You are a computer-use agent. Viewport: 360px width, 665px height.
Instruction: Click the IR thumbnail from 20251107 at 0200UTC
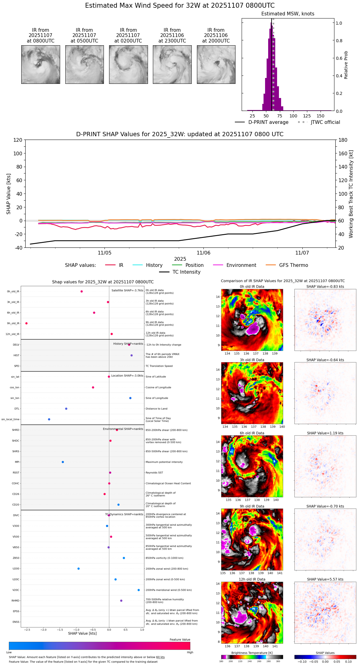click(128, 64)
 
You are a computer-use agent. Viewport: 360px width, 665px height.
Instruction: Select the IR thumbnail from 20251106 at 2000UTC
click(216, 64)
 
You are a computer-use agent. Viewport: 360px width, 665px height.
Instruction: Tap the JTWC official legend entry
click(325, 122)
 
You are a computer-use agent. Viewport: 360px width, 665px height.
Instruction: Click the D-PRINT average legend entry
click(268, 122)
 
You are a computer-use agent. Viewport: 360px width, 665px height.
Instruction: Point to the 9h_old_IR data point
click(27, 323)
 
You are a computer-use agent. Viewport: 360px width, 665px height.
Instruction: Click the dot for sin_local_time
click(49, 419)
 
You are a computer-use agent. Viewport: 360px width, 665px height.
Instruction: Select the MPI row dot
click(63, 462)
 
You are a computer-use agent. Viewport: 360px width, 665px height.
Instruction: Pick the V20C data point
click(139, 590)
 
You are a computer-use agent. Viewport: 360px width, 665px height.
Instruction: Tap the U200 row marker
click(79, 569)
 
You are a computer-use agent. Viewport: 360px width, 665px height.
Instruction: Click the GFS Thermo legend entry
click(293, 265)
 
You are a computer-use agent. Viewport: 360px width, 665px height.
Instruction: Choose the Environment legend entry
click(241, 265)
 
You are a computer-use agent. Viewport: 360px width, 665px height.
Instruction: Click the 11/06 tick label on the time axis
click(203, 253)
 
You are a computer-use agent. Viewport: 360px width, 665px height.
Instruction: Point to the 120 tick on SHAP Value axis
click(18, 140)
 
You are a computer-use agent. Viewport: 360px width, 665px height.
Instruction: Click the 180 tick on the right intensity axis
click(343, 140)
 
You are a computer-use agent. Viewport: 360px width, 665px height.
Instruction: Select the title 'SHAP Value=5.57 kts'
click(325, 579)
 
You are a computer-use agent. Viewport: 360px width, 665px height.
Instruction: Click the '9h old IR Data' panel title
click(252, 506)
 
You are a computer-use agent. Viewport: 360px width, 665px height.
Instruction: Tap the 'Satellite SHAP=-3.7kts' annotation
click(127, 290)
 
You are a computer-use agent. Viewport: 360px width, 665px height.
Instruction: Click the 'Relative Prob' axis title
click(346, 65)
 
